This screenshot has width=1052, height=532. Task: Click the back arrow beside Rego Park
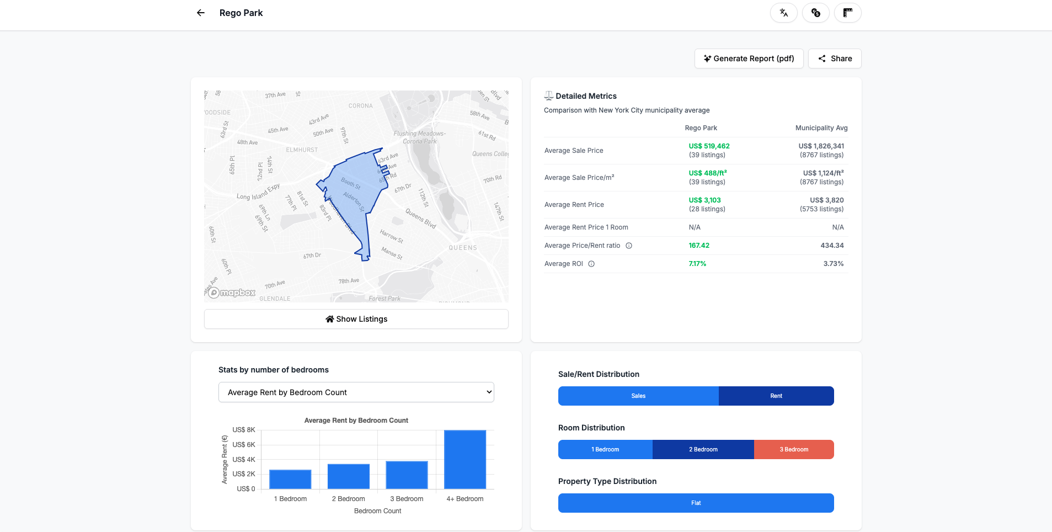[x=201, y=13]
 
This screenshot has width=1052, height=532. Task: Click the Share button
[x=834, y=58]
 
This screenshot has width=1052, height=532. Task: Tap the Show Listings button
[x=356, y=319]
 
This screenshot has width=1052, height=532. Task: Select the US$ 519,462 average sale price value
[x=709, y=146]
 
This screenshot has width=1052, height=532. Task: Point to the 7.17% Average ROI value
[x=697, y=264]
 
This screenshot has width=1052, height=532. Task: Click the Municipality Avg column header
[x=821, y=128]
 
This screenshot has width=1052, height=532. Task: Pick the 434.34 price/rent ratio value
[x=832, y=246]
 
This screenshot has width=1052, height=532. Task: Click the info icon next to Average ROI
[x=591, y=264]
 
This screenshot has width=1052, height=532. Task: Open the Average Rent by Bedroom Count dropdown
[x=356, y=392]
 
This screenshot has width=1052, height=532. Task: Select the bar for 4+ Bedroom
[x=464, y=459]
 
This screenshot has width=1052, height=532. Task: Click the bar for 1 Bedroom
[x=290, y=479]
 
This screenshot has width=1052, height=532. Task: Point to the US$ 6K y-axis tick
[x=244, y=445]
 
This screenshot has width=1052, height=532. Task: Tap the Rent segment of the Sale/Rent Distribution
[x=776, y=396]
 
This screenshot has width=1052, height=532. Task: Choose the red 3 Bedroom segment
[x=793, y=450]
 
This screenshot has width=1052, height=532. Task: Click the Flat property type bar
[x=696, y=503]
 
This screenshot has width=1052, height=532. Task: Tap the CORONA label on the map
[x=360, y=106]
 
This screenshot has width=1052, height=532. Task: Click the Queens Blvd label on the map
[x=421, y=219]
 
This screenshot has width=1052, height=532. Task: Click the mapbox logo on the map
[x=232, y=293]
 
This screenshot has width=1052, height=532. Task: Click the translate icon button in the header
[x=783, y=13]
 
